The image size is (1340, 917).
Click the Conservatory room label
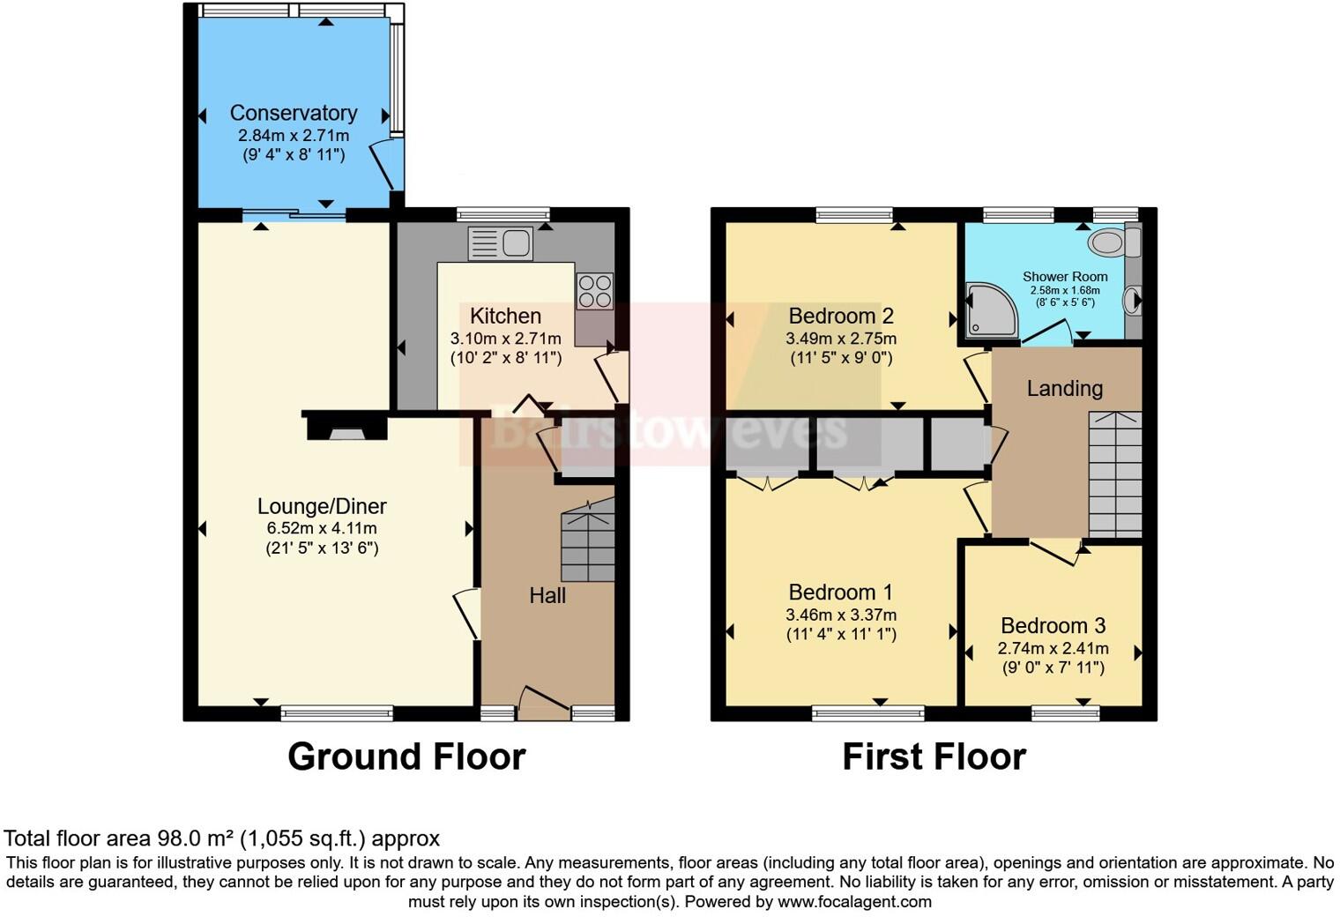click(x=294, y=113)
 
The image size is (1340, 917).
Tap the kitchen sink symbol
click(x=500, y=242)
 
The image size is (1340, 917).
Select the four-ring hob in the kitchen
click(x=594, y=291)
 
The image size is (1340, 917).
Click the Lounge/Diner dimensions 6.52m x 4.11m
click(x=322, y=528)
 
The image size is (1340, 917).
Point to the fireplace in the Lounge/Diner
click(x=346, y=429)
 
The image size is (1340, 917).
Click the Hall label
click(x=547, y=596)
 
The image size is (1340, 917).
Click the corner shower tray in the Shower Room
click(x=991, y=310)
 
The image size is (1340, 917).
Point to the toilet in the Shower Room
click(x=1106, y=242)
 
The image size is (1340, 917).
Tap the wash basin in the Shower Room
click(x=1131, y=302)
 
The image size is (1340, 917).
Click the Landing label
click(x=1064, y=389)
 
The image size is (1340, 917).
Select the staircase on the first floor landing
click(x=1115, y=473)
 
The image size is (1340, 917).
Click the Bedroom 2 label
click(x=841, y=316)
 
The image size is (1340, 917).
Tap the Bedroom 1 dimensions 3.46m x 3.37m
click(x=841, y=615)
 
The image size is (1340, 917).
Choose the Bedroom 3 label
click(x=1053, y=626)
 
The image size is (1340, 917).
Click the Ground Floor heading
click(x=406, y=757)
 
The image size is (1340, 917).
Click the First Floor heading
click(x=934, y=757)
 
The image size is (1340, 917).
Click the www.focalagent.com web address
click(x=854, y=902)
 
